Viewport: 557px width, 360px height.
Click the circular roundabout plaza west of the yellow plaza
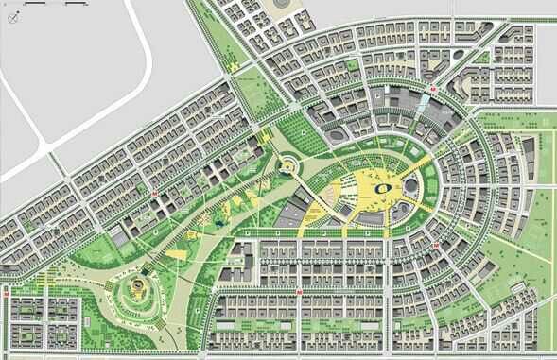click(285, 167)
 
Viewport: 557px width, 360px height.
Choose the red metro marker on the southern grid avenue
click(300, 293)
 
